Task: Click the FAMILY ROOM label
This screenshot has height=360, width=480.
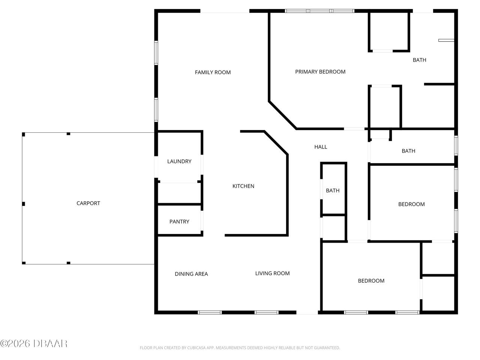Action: click(213, 72)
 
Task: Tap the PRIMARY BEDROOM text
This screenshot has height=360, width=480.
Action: click(320, 72)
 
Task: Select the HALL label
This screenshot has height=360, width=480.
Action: click(321, 147)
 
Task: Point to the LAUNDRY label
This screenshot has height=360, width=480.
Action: click(179, 161)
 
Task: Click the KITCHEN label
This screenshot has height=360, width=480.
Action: click(243, 186)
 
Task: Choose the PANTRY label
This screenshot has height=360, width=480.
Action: click(179, 222)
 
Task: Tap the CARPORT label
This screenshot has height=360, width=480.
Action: click(88, 203)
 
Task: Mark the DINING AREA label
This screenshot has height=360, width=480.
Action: click(191, 274)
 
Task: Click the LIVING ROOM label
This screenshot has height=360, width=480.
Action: click(272, 273)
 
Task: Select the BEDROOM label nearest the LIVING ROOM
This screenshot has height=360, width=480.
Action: click(371, 281)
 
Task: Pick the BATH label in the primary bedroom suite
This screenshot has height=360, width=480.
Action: click(419, 60)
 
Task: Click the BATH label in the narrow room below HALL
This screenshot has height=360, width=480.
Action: click(333, 190)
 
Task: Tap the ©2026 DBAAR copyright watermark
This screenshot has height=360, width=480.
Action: click(34, 343)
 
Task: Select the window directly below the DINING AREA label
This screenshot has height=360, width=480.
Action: click(210, 312)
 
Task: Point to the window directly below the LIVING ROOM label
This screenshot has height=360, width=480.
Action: click(267, 312)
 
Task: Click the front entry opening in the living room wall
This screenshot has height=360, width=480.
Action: click(307, 312)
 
